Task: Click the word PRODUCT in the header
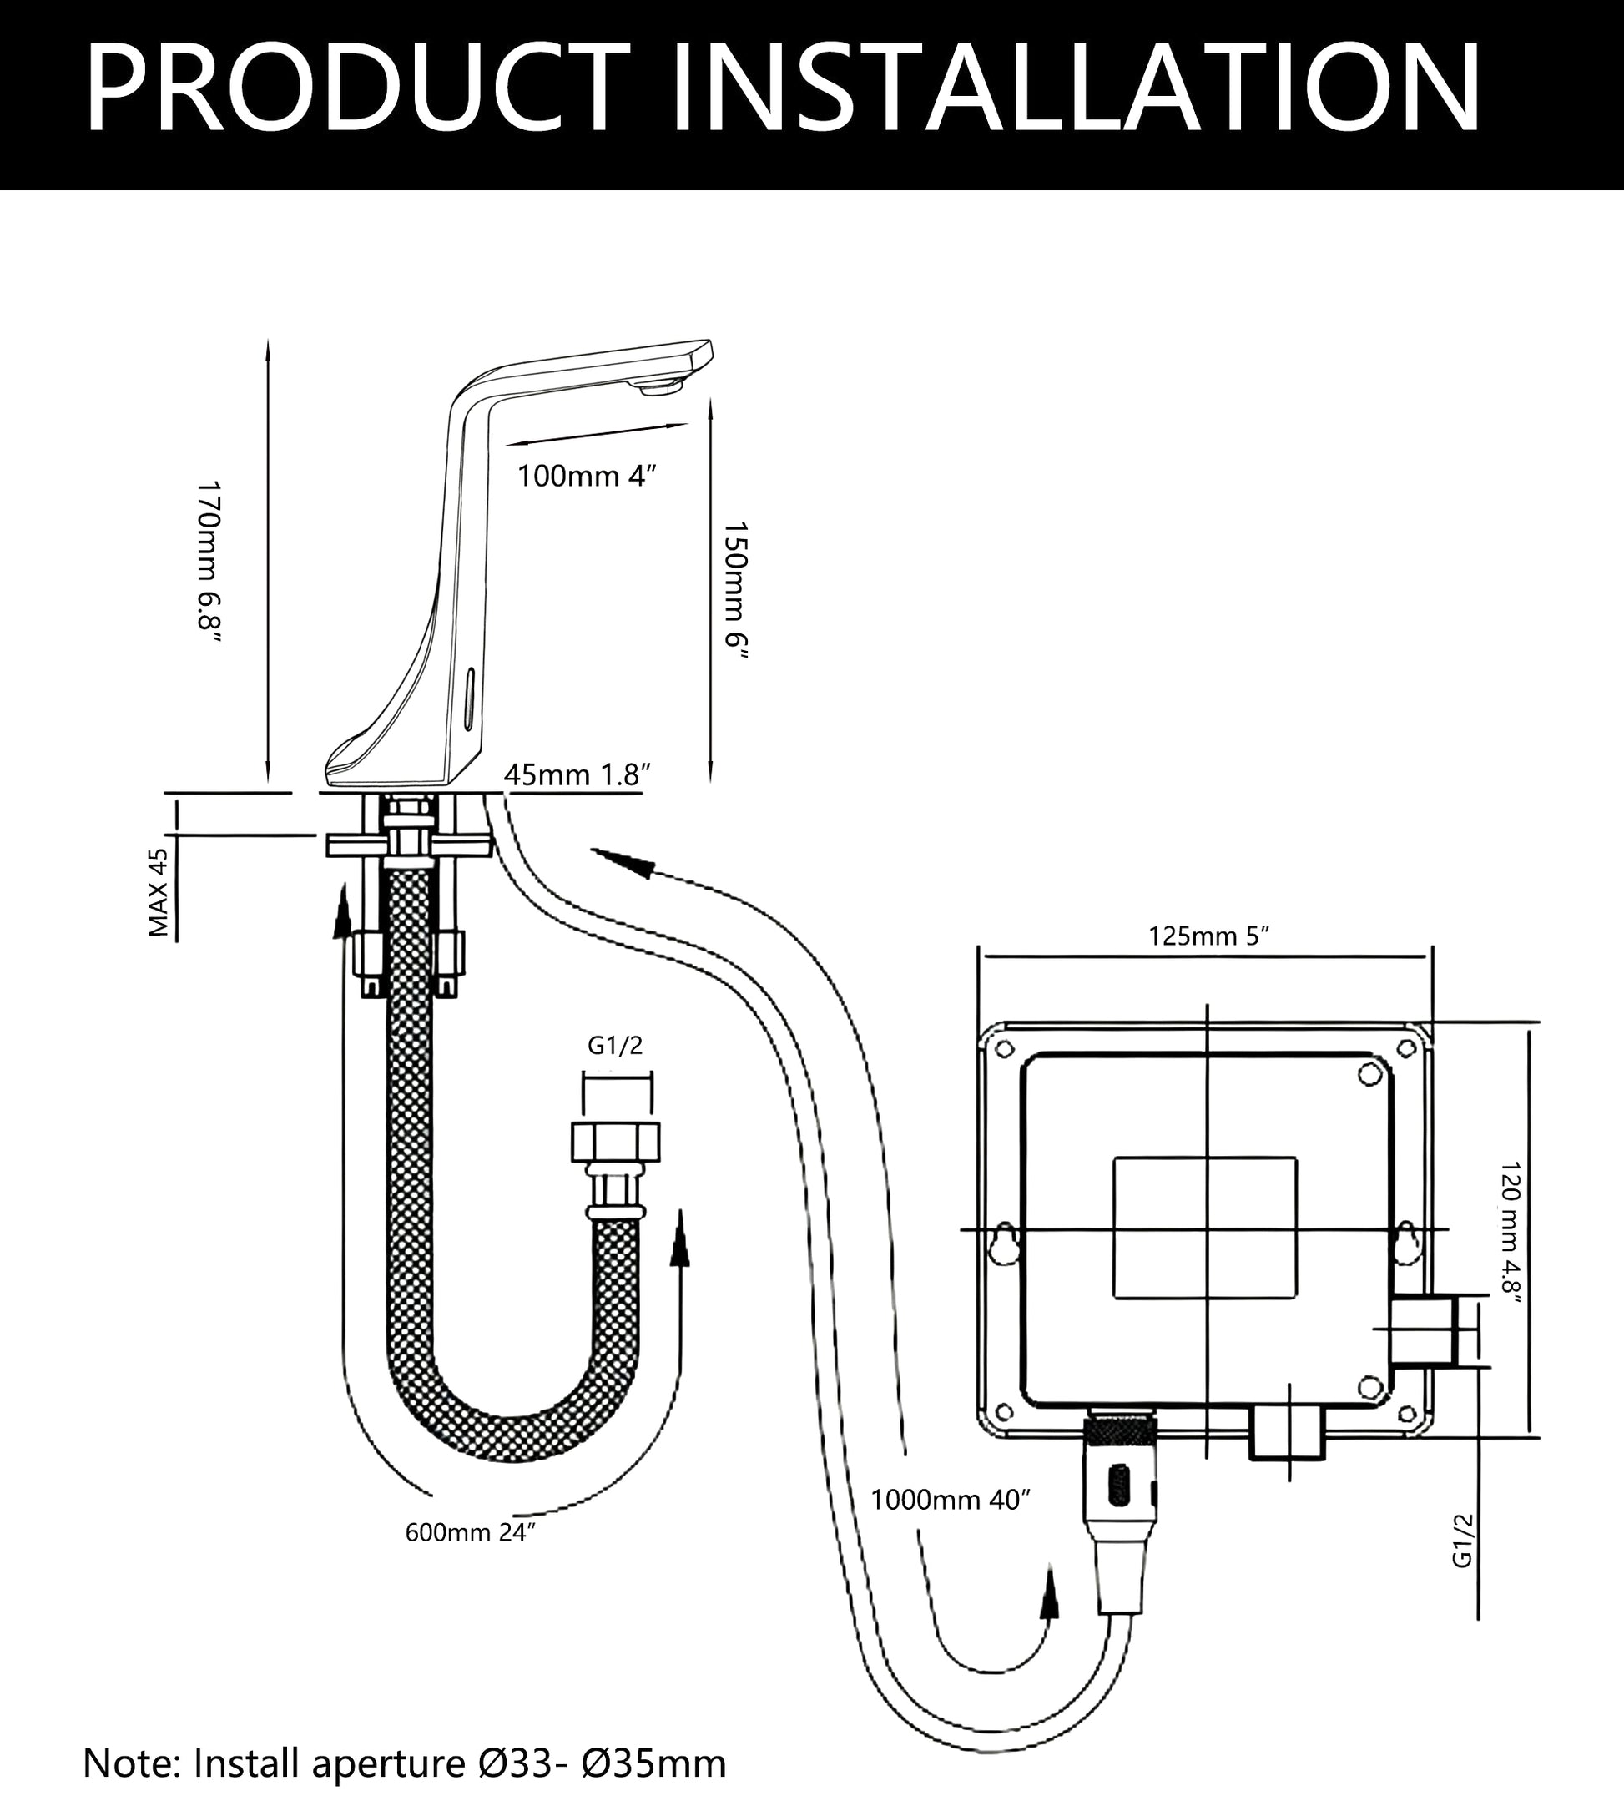(x=357, y=89)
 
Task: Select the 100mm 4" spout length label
(x=586, y=477)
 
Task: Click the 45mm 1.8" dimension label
(x=577, y=774)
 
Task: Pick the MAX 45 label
(x=158, y=892)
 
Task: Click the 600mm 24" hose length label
(x=469, y=1532)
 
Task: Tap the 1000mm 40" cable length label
(x=950, y=1501)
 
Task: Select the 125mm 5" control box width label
(x=1208, y=936)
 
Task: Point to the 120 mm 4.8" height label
(x=1510, y=1233)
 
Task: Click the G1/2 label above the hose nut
(x=615, y=1046)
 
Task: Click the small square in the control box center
(x=1204, y=1228)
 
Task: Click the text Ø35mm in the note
(x=654, y=1763)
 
